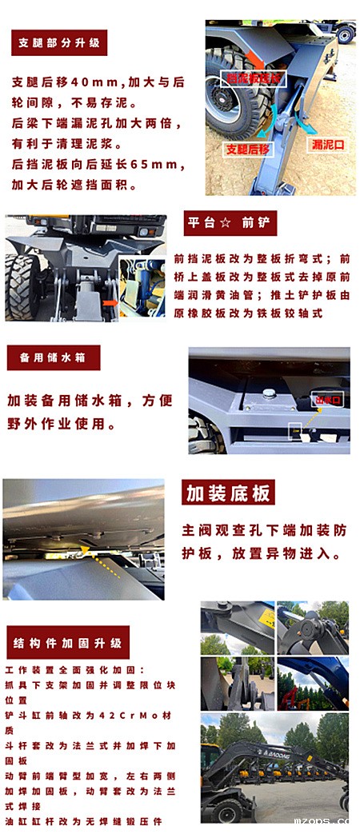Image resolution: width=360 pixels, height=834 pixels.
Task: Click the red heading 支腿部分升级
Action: point(59,42)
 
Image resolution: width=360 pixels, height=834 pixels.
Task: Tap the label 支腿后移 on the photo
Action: point(247,149)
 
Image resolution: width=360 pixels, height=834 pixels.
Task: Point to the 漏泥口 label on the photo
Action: point(327,145)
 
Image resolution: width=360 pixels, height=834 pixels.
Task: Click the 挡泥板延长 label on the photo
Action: point(254,78)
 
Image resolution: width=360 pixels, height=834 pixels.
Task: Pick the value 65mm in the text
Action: point(163,164)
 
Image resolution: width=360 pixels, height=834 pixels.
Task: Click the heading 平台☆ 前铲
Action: point(230,223)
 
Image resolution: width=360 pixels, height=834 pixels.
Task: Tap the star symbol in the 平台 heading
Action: point(226,223)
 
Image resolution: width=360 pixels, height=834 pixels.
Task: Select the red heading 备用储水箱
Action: point(53,357)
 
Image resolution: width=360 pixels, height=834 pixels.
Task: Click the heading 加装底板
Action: point(228,493)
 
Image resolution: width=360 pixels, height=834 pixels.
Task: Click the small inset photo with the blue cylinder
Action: point(142,287)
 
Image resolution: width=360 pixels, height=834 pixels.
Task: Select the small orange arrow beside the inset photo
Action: point(113,303)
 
